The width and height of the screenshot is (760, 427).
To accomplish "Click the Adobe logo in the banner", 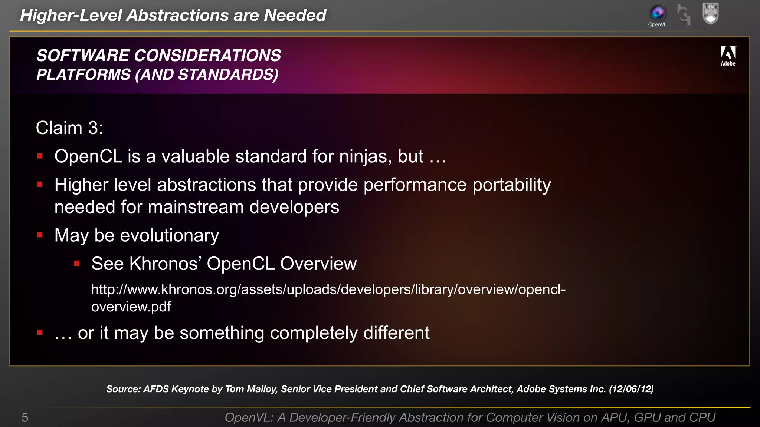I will (x=728, y=56).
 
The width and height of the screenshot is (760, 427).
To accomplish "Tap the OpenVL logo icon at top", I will (x=658, y=13).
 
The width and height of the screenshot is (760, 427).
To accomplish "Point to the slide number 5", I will (x=25, y=418).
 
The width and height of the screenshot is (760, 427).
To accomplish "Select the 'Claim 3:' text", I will (x=69, y=128).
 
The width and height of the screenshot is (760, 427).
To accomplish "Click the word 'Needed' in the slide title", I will (x=295, y=16).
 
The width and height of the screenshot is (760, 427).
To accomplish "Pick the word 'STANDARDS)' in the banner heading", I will (x=228, y=75).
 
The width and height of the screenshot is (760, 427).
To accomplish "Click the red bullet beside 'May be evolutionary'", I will (x=40, y=235).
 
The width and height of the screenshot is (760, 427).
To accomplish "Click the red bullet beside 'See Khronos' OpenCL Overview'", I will (x=77, y=264).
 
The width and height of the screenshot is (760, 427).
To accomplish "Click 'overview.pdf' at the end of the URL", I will (x=131, y=307).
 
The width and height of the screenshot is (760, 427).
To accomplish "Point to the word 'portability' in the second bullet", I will (x=511, y=185).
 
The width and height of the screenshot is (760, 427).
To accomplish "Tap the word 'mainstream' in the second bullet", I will (x=196, y=207).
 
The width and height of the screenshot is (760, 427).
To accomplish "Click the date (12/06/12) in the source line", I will (x=631, y=389).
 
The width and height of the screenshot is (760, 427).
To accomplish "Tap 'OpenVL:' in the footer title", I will (x=249, y=418).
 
